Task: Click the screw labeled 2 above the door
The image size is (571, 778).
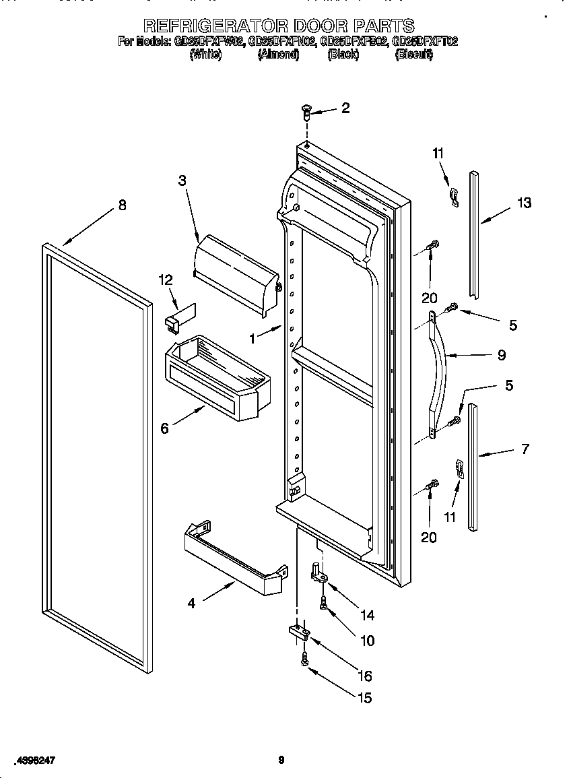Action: pos(306,110)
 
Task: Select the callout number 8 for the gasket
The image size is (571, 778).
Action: pos(122,206)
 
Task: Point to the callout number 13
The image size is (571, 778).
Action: pos(524,203)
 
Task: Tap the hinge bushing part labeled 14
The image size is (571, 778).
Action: pos(318,572)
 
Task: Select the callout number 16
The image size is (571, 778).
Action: pos(364,676)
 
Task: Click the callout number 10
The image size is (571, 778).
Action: pos(367,641)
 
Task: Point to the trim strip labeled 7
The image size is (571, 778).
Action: pos(473,465)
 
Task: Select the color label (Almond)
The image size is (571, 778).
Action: pos(278,55)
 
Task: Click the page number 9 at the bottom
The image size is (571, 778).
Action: pos(281,760)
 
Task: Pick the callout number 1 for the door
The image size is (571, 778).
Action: pos(253,339)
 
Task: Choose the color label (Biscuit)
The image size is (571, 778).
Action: pos(413,55)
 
